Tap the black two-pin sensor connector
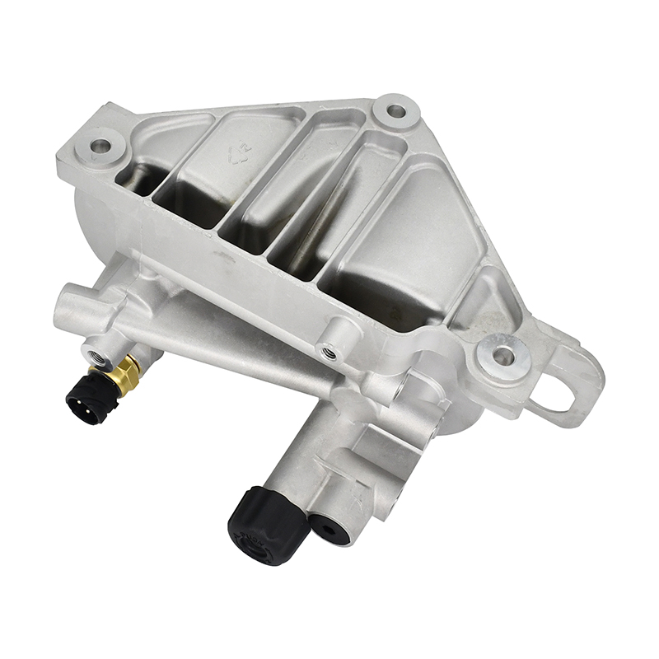(85, 400)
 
